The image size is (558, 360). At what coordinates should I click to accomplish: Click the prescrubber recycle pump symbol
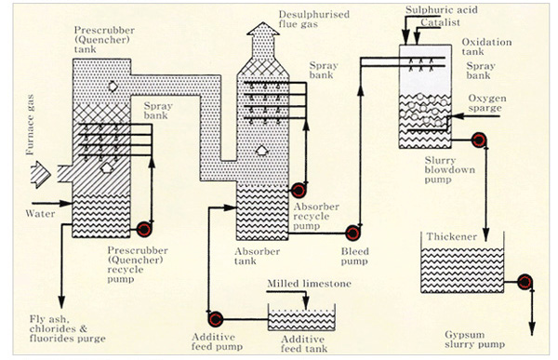click(x=144, y=230)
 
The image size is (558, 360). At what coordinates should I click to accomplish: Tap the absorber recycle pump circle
click(x=298, y=191)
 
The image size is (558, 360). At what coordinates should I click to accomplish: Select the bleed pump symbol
click(x=352, y=233)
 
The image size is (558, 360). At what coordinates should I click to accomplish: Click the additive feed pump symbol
click(x=215, y=319)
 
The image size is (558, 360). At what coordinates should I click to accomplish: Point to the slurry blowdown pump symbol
click(x=479, y=140)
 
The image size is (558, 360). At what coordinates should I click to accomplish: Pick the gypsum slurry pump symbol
click(x=525, y=282)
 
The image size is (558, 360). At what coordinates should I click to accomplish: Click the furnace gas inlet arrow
click(x=40, y=175)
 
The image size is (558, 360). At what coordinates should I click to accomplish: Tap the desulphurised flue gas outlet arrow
click(x=263, y=39)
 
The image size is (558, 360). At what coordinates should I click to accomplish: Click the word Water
click(x=40, y=214)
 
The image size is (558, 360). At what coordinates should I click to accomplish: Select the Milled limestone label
click(x=309, y=284)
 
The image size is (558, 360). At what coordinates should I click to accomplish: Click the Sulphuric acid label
click(x=441, y=10)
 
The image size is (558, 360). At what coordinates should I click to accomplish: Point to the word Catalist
click(x=440, y=22)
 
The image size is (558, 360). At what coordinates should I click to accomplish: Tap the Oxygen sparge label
click(x=486, y=103)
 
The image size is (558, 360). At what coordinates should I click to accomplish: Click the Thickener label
click(x=451, y=237)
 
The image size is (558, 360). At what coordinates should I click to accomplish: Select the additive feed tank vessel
click(x=301, y=317)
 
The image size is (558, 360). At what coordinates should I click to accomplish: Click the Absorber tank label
click(x=257, y=256)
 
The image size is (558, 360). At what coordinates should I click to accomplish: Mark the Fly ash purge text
click(x=68, y=328)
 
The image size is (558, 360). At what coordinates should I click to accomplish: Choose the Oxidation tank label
click(x=486, y=47)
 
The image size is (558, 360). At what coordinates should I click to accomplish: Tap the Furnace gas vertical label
click(x=30, y=125)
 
